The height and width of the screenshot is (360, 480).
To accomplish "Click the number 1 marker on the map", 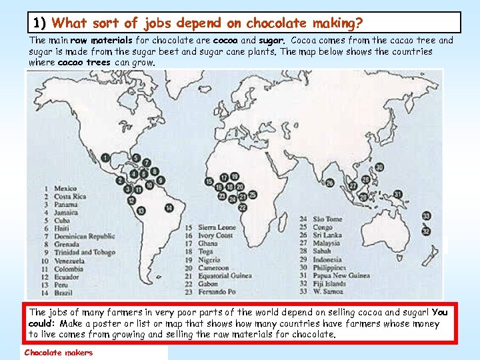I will (x=105, y=157).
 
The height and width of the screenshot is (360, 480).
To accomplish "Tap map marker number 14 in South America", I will (x=169, y=208).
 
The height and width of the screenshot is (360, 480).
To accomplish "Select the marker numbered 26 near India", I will (x=330, y=183).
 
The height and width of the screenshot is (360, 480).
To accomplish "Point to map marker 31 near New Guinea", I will (x=398, y=194).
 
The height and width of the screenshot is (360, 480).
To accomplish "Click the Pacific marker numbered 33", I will (x=426, y=216).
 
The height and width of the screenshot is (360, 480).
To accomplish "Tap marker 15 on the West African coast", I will (x=210, y=181).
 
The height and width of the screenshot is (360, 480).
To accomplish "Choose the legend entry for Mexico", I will (x=65, y=189).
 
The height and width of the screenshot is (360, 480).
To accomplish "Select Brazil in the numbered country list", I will (x=63, y=293).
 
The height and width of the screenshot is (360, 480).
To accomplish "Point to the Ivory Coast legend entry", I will (x=215, y=236).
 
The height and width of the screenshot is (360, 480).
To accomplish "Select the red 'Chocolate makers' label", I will (x=59, y=353).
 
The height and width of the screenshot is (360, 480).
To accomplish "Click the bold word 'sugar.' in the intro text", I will (x=272, y=41).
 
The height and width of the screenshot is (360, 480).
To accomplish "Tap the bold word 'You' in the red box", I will (x=439, y=311).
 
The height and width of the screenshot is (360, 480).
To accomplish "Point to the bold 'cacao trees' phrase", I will (x=85, y=63).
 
